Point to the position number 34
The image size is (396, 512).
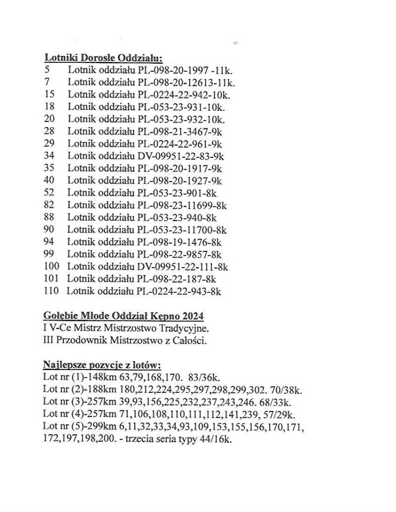[49, 156]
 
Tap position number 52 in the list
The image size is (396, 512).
[49, 193]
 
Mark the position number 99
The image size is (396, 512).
[49, 254]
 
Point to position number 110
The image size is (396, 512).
[51, 291]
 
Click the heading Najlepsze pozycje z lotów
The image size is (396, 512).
[102, 365]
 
